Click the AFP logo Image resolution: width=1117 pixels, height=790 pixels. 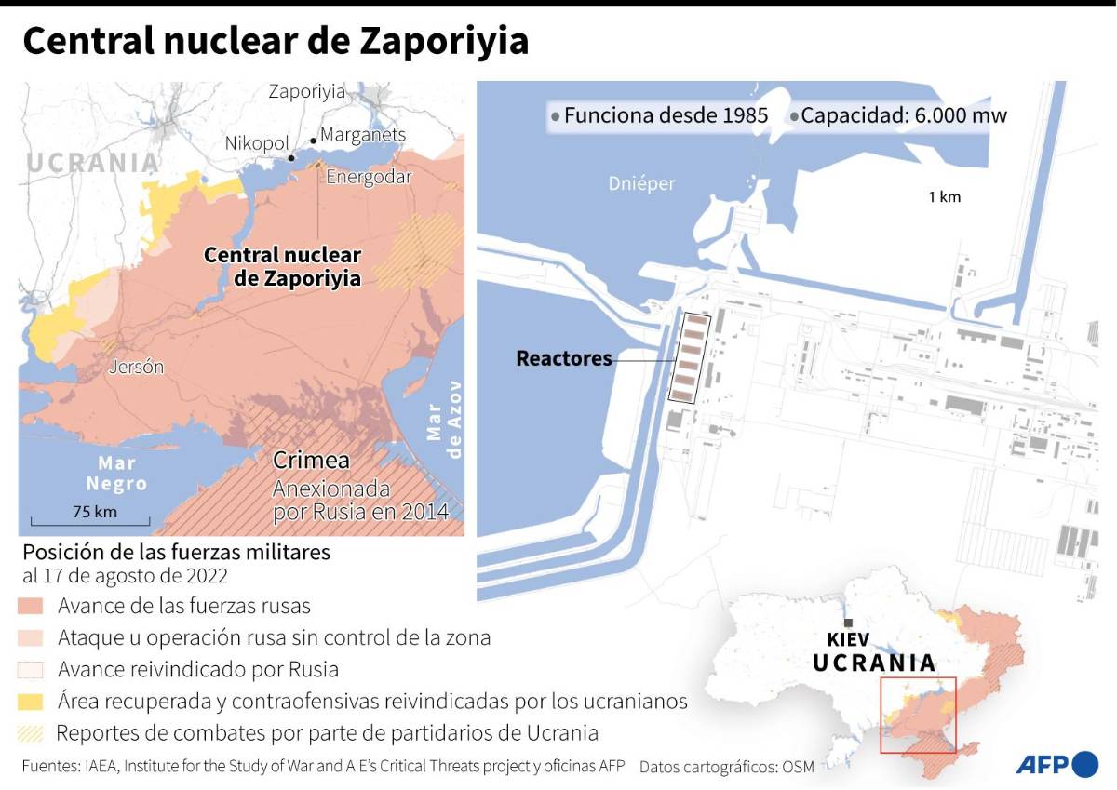1056,764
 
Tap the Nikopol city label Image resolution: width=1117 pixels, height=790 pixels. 256,143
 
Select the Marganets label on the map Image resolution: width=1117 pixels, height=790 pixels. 363,135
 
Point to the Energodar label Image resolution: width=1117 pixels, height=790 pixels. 369,177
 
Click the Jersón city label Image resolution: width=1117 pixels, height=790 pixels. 136,367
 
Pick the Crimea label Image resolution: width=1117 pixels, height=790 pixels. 311,461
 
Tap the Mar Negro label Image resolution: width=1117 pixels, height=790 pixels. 116,473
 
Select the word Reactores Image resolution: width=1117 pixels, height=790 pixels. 564,358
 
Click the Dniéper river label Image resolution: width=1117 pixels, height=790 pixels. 641,183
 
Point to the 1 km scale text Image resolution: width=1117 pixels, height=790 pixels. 944,196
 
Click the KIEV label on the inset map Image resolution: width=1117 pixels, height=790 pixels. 847,639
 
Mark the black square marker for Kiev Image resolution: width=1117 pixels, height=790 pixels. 847,623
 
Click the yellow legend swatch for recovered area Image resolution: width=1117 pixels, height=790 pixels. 31,701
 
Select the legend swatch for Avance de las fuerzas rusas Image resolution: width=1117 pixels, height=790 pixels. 31,607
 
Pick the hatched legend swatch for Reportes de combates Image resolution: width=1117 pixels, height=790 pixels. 31,732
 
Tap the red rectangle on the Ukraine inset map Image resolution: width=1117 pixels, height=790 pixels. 918,715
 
